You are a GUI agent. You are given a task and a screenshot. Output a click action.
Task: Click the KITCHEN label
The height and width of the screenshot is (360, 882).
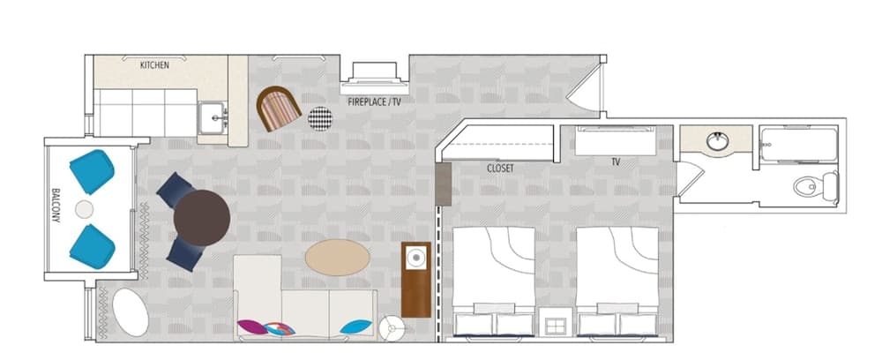click(x=154, y=65)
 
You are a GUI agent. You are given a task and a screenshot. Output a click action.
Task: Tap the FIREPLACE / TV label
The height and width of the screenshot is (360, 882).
click(x=374, y=102)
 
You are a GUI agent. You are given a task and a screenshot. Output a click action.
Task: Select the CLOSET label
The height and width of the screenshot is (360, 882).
click(x=500, y=168)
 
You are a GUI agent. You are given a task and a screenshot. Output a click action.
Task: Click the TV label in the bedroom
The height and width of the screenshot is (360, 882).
click(x=615, y=162)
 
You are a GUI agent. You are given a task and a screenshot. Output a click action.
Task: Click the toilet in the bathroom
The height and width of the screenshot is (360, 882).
click(x=811, y=186)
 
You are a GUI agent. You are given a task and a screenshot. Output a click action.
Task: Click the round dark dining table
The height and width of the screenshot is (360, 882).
click(x=202, y=217)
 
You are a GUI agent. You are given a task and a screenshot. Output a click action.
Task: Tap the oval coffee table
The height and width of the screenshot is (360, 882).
click(x=338, y=259)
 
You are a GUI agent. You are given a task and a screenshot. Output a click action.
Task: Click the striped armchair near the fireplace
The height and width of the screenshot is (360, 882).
click(x=280, y=109)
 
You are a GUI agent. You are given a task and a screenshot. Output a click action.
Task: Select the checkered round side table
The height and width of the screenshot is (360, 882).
click(x=320, y=118)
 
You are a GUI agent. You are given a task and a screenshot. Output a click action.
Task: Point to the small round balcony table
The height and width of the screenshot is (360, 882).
click(x=84, y=209)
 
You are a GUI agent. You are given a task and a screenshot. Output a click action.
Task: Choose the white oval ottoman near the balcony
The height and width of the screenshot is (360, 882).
click(x=131, y=312)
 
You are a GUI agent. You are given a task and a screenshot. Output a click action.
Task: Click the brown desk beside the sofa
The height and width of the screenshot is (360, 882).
click(x=415, y=279)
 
